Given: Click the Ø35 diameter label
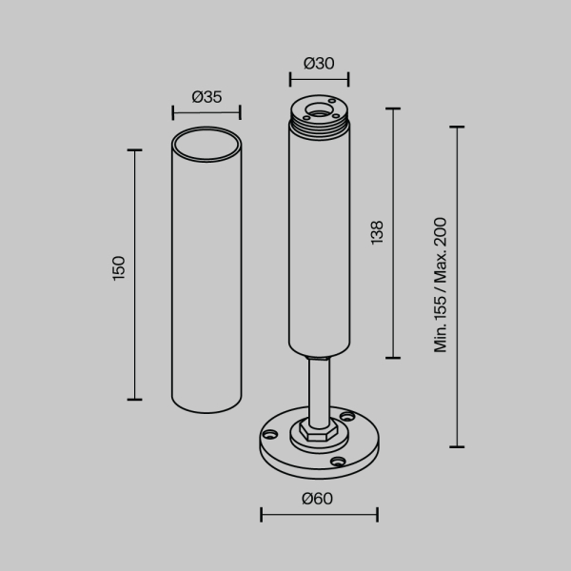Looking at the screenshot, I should [206, 96].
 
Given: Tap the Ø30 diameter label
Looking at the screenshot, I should [319, 63].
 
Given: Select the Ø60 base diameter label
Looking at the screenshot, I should [319, 497].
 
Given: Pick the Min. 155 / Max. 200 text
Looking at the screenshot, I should [441, 285].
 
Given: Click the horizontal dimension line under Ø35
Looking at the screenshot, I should [206, 112].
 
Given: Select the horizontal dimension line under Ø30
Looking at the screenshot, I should [319, 79].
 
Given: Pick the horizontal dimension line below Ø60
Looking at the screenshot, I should [319, 515].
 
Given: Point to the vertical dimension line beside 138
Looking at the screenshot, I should [393, 232].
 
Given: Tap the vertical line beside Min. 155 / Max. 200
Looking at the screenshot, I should [460, 285].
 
